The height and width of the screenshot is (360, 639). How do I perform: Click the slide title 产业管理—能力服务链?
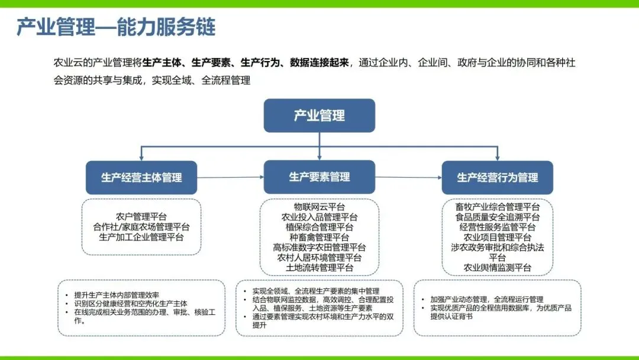116,27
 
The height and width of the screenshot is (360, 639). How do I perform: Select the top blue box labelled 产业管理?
319,115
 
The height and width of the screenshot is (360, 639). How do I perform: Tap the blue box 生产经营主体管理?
141,178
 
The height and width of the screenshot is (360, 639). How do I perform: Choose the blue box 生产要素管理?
319,177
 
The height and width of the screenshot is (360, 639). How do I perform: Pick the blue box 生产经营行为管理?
497,178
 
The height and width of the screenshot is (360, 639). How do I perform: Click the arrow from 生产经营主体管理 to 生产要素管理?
230,177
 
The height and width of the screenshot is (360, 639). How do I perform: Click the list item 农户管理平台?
141,216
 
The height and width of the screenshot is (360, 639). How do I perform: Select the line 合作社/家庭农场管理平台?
141,227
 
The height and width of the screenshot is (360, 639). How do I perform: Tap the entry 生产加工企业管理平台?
141,237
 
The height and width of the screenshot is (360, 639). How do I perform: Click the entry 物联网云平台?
319,207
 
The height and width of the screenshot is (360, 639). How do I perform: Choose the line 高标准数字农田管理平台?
319,247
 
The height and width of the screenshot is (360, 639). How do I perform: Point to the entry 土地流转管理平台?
319,268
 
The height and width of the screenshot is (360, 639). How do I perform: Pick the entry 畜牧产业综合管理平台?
498,207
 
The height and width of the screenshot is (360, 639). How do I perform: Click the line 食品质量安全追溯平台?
498,217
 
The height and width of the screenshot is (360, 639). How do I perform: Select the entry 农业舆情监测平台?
498,268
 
